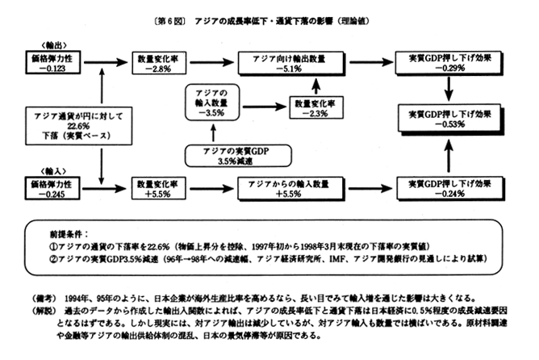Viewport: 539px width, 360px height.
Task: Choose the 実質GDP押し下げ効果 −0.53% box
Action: coord(446,119)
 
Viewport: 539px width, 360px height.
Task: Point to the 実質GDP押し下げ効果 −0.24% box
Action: coord(446,190)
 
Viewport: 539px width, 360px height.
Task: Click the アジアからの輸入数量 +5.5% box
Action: coord(289,190)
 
